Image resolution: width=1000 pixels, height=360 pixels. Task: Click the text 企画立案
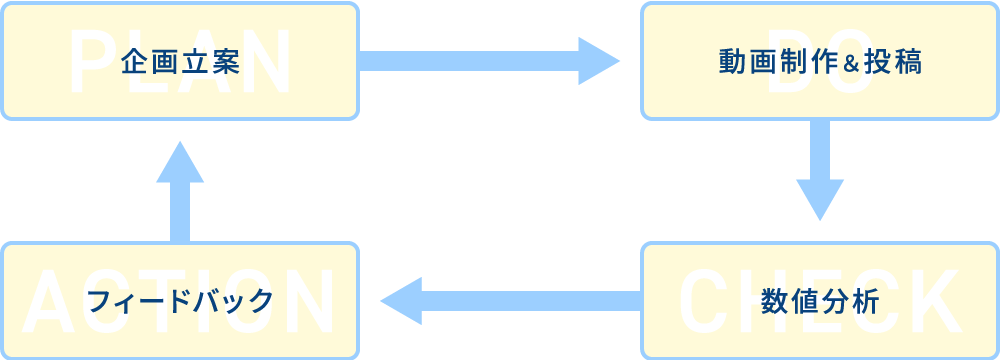[180, 62]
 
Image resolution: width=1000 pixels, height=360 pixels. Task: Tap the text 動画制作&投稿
[819, 62]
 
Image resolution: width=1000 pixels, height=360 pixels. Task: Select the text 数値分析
[819, 301]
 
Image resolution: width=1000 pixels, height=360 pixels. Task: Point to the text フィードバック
[180, 301]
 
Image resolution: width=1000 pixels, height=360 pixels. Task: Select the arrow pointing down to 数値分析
[820, 170]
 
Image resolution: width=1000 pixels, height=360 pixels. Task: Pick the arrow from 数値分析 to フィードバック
[510, 301]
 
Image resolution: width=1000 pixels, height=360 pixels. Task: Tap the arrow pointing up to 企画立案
[180, 190]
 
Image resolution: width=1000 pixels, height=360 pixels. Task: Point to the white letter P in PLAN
[90, 62]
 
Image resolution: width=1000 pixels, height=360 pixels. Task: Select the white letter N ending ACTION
[310, 301]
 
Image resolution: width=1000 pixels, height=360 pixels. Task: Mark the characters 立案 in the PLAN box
[210, 62]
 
